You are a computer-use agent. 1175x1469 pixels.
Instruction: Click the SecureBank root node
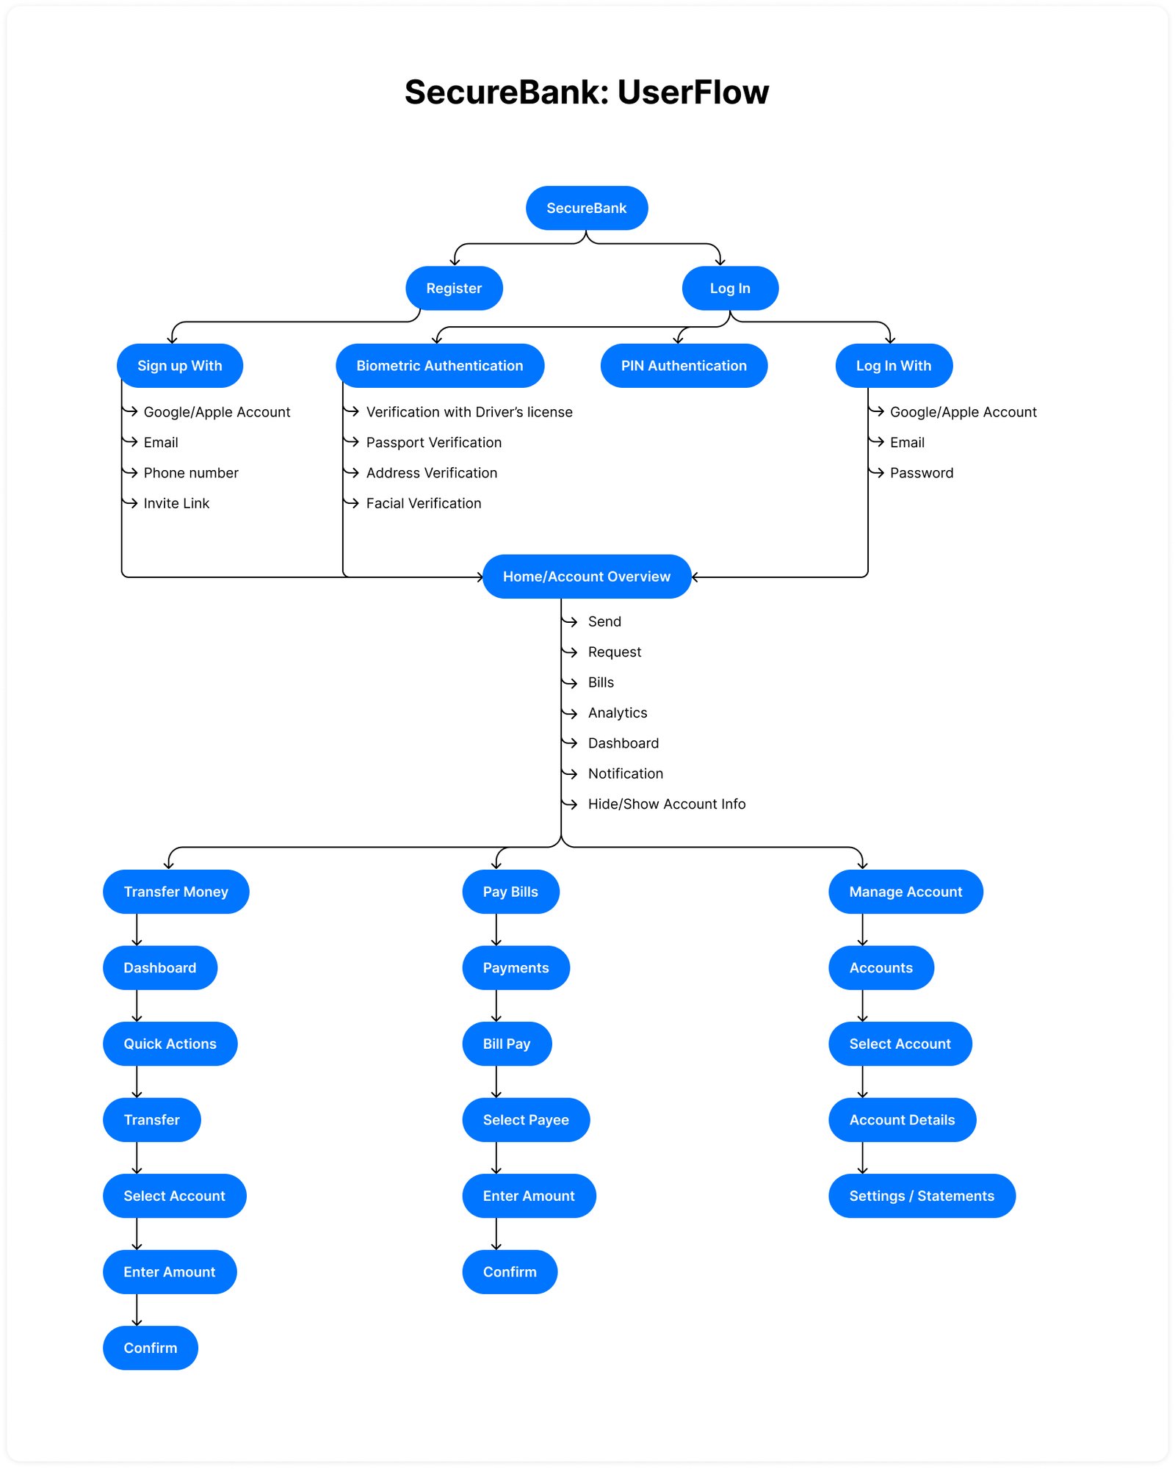click(x=586, y=208)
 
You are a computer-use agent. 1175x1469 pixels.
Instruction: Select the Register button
click(x=454, y=288)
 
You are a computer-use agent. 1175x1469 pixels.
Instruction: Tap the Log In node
click(x=729, y=288)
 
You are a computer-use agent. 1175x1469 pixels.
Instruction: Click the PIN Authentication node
click(x=683, y=366)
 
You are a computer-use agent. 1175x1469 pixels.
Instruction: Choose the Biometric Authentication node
click(x=439, y=366)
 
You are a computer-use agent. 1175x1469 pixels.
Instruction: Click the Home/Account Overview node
click(x=586, y=577)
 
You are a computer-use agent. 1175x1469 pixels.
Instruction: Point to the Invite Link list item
click(x=176, y=503)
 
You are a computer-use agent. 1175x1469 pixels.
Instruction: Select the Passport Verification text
click(x=433, y=442)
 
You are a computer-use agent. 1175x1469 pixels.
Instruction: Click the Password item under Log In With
click(x=921, y=473)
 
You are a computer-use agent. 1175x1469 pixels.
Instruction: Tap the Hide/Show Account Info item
click(x=666, y=804)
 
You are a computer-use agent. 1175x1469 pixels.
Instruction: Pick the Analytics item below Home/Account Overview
click(x=617, y=713)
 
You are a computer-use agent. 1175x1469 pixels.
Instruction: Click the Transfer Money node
click(x=176, y=892)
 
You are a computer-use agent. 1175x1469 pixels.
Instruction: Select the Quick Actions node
click(x=170, y=1044)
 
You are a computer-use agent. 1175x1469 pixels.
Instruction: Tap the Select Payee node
click(x=525, y=1120)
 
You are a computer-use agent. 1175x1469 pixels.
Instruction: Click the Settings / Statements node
click(x=921, y=1196)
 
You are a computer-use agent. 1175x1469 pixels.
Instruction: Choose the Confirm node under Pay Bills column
click(x=509, y=1272)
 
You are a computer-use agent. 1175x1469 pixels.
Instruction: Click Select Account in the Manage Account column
click(x=899, y=1044)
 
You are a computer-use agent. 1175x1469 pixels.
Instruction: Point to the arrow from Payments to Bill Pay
click(x=496, y=1006)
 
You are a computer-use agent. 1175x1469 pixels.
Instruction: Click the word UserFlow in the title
click(x=693, y=93)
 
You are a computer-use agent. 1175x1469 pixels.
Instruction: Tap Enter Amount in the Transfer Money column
click(x=169, y=1272)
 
